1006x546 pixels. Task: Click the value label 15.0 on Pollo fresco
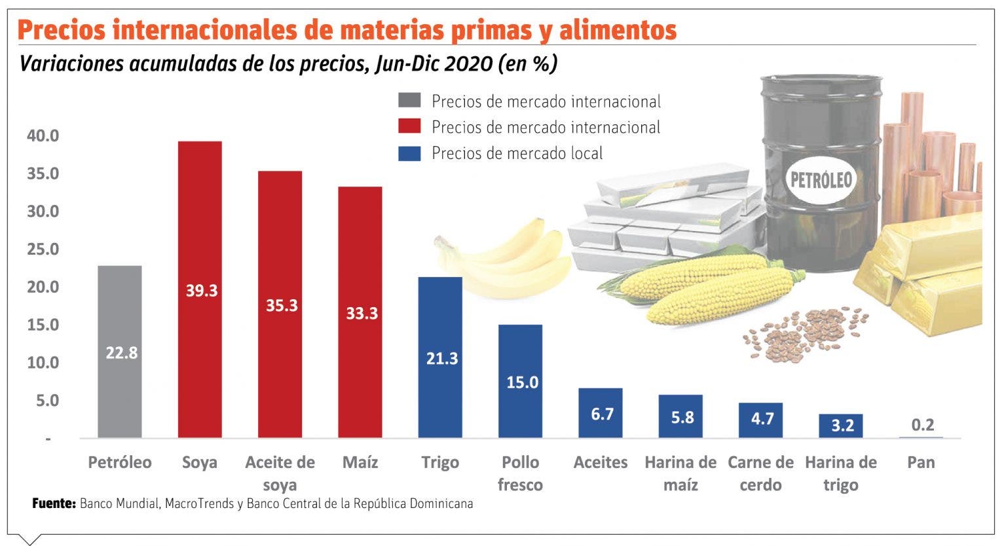point(522,382)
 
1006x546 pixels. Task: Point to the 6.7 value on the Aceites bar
point(602,414)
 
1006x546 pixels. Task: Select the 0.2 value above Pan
point(922,425)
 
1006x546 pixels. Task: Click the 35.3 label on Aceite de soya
point(282,305)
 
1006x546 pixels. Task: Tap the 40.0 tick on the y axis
point(43,136)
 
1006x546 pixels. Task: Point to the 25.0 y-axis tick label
point(43,249)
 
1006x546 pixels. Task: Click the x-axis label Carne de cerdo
point(760,473)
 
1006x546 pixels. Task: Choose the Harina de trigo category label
point(840,473)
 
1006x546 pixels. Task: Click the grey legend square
point(409,101)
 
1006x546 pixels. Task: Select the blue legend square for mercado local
point(409,153)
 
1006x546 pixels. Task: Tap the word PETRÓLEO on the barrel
point(821,179)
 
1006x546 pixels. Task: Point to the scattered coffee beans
point(806,331)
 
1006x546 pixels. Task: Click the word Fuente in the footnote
point(54,503)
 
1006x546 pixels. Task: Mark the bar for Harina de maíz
point(680,416)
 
